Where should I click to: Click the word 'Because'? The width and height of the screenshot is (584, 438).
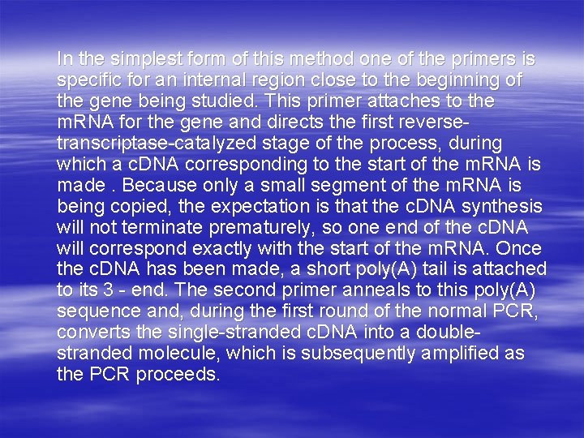(150, 186)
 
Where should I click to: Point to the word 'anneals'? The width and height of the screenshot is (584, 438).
(321, 290)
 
